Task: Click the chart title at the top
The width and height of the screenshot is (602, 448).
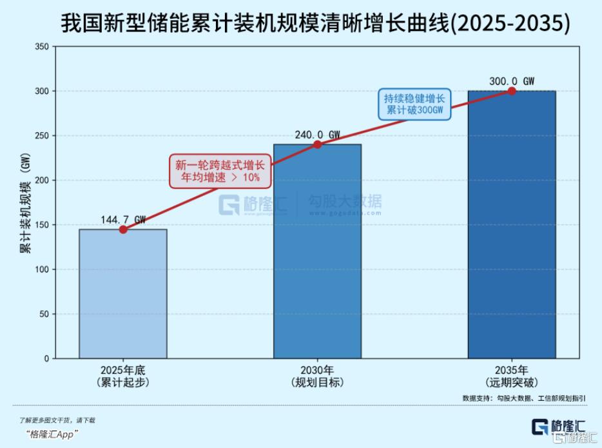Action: pyautogui.click(x=315, y=24)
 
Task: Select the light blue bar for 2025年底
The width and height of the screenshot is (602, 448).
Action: pyautogui.click(x=123, y=293)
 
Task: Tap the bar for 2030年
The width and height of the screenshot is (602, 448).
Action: pyautogui.click(x=317, y=251)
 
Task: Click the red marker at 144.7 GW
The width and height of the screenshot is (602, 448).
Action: pyautogui.click(x=123, y=229)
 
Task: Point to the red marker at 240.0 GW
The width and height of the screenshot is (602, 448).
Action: pyautogui.click(x=317, y=144)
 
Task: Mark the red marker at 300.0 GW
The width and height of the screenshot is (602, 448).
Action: pyautogui.click(x=512, y=91)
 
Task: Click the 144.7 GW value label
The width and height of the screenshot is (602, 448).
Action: pyautogui.click(x=123, y=220)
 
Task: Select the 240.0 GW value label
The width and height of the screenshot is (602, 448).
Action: pyautogui.click(x=317, y=135)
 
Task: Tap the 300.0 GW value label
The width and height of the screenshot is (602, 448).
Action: pyautogui.click(x=512, y=81)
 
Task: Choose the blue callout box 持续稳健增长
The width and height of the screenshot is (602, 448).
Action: pyautogui.click(x=414, y=104)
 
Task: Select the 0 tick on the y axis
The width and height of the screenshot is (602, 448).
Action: pyautogui.click(x=45, y=358)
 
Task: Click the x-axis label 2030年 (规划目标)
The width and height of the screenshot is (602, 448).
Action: pyautogui.click(x=317, y=376)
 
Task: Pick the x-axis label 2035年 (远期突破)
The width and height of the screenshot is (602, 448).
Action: pyautogui.click(x=512, y=376)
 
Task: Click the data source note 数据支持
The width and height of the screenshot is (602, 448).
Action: pyautogui.click(x=524, y=398)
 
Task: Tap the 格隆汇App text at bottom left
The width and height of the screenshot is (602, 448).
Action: pyautogui.click(x=52, y=434)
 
